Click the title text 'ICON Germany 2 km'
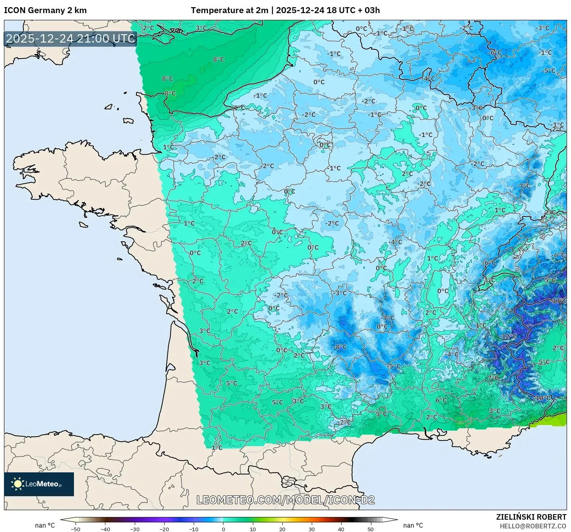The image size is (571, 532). click(45, 10)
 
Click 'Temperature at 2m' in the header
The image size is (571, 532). click(229, 10)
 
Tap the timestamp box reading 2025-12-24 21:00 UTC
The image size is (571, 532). click(71, 39)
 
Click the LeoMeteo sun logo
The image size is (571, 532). click(17, 484)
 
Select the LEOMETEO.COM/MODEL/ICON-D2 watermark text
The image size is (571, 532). click(285, 500)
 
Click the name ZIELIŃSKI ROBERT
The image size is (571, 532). click(531, 517)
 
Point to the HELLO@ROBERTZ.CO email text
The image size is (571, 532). click(533, 526)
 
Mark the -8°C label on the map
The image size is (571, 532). click(340, 347)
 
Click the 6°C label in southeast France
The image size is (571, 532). click(441, 400)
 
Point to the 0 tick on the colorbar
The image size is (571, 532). click(223, 529)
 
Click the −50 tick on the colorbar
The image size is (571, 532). click(75, 529)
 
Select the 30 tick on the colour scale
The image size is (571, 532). click(312, 529)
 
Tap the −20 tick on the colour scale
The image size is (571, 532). click(164, 529)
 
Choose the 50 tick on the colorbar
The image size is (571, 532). click(371, 529)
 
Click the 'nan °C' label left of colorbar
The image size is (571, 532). click(45, 525)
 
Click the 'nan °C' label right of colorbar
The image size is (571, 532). click(413, 525)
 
